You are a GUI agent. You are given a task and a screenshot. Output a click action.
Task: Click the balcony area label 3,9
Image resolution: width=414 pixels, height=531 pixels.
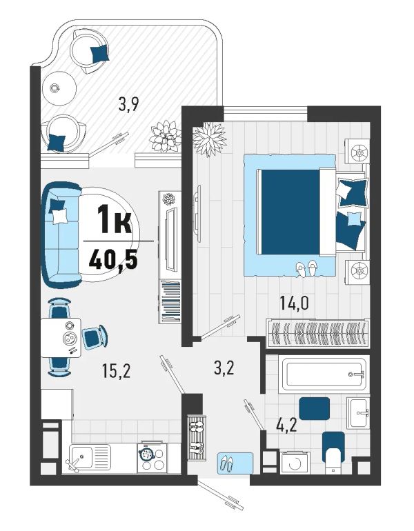pos(128,104)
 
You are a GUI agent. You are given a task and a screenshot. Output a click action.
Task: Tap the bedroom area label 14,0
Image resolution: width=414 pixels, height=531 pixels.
pos(294,303)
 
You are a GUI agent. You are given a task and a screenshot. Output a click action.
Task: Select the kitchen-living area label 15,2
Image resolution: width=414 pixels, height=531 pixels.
pos(116,371)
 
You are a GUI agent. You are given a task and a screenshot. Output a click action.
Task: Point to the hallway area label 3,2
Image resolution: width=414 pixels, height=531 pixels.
pos(224,368)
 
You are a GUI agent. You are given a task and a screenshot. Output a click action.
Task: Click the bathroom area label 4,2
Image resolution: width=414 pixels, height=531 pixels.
pos(286,425)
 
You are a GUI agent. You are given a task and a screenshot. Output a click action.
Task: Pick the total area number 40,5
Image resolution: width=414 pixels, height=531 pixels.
pos(113,260)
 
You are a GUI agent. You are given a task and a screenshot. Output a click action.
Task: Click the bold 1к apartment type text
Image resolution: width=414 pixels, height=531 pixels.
pos(115,220)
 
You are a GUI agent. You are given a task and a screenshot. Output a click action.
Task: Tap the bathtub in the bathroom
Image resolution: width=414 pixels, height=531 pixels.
pos(324,374)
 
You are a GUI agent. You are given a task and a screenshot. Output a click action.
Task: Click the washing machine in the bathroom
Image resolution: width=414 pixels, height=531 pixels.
pos(295,462)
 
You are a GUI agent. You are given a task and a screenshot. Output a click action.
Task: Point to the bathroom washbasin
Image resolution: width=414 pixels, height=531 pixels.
pos(358,413)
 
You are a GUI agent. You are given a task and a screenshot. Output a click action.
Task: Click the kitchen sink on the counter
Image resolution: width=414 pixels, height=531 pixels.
pos(90,458)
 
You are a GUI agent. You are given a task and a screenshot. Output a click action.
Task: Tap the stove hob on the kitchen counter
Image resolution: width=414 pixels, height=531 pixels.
pos(152,458)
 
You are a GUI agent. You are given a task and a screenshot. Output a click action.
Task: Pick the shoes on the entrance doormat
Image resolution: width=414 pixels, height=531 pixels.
pos(226,463)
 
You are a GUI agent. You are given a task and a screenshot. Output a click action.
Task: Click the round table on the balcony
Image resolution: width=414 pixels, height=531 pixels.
pos(59,89)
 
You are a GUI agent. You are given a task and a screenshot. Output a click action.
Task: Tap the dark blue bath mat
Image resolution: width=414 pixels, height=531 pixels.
pos(314,409)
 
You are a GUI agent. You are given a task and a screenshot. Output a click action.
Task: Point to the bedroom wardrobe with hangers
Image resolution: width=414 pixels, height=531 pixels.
pos(318,334)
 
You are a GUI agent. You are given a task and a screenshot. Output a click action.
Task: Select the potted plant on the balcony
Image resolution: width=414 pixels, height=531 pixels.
pos(166,137)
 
